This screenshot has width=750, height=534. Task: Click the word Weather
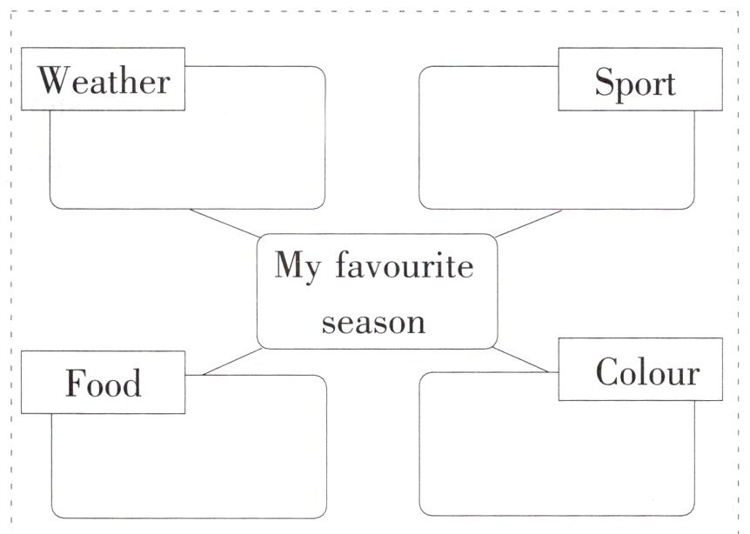click(x=104, y=81)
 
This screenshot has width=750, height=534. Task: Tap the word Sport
click(x=635, y=83)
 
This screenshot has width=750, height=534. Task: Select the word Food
click(x=104, y=383)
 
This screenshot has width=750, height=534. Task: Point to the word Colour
click(x=647, y=372)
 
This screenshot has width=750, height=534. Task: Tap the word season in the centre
click(x=373, y=323)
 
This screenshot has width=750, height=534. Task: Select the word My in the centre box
click(x=293, y=265)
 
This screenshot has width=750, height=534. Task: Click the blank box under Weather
click(x=187, y=157)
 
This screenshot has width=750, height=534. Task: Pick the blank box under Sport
click(x=557, y=157)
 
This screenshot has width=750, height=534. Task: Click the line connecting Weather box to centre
click(x=224, y=223)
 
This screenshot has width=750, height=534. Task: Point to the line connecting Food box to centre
click(x=231, y=362)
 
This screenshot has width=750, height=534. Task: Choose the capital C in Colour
click(x=607, y=372)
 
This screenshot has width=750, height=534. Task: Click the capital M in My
click(x=288, y=265)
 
